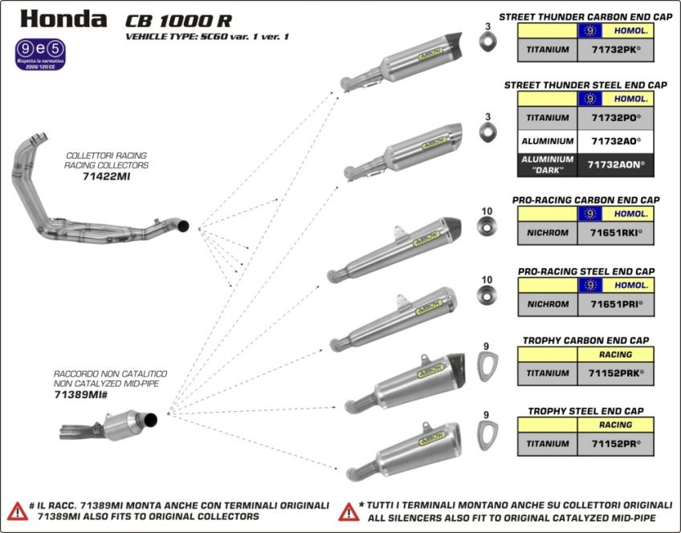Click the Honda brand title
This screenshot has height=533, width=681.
63,18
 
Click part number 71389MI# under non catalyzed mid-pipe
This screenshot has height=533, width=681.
80,395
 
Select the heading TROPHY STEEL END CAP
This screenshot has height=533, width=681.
585,411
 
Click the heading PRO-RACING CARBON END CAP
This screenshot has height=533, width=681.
585,200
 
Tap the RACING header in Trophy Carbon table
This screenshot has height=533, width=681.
616,354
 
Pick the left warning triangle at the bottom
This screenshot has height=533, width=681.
17,511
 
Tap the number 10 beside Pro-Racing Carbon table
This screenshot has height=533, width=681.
487,211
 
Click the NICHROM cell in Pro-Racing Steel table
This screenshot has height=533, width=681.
548,304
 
